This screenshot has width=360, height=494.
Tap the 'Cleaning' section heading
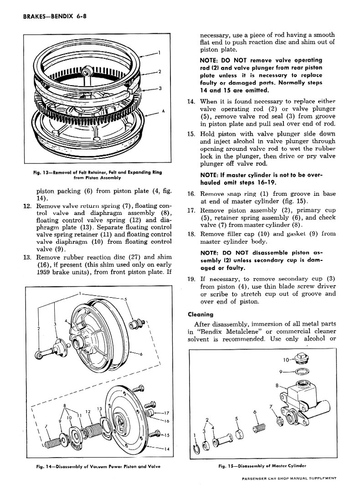(201, 314)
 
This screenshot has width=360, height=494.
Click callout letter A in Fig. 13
(163, 112)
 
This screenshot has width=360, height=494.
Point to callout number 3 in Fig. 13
(160, 88)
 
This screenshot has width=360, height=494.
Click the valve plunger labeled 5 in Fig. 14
(135, 324)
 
